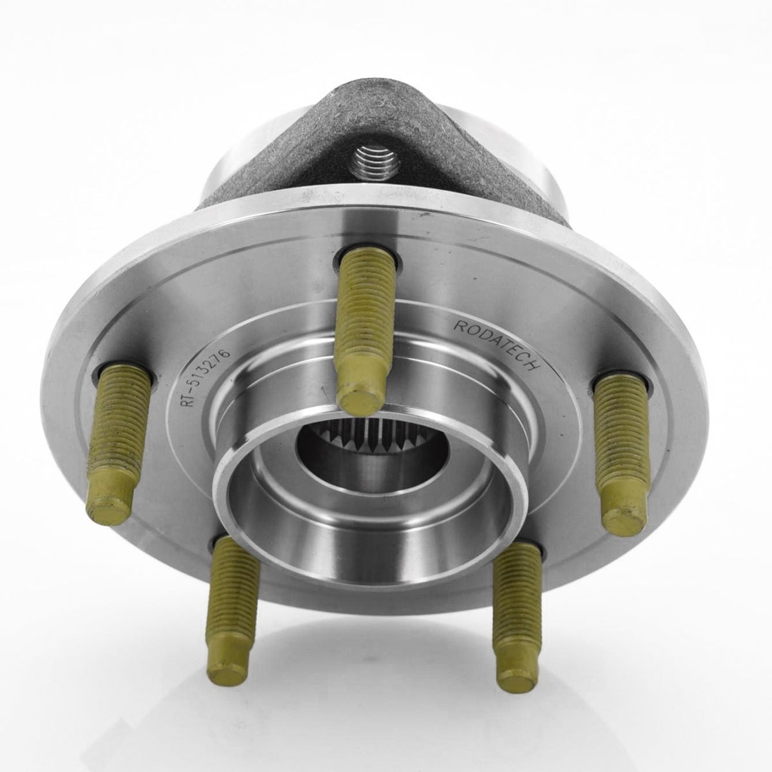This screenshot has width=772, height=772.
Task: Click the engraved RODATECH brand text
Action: (496, 344)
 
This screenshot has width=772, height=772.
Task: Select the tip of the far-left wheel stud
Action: (109, 508)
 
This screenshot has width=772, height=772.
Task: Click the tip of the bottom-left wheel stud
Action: (226, 670)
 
